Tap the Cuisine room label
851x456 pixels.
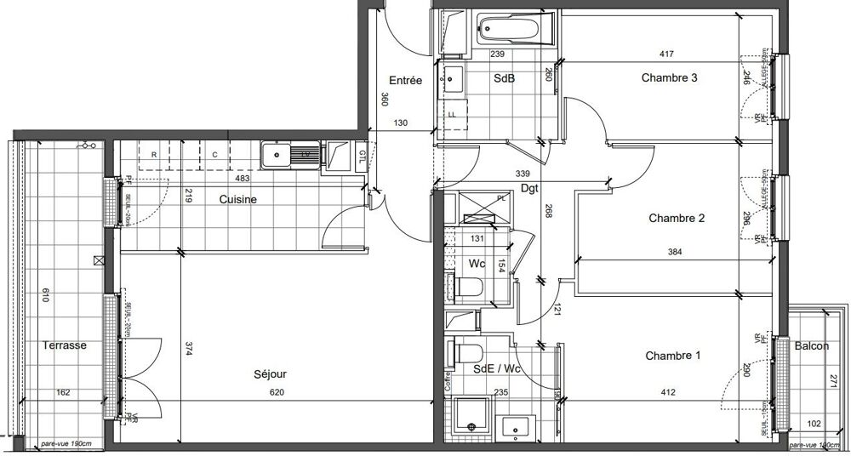(239, 199)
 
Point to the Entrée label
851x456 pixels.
(407, 81)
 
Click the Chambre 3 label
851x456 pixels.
(670, 77)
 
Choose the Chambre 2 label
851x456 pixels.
(677, 219)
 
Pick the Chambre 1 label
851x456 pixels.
(672, 356)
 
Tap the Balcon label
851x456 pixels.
(812, 346)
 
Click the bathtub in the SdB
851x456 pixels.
(511, 31)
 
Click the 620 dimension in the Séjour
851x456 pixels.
(276, 392)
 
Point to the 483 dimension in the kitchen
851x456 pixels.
(242, 179)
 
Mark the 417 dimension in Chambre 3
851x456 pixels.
(666, 54)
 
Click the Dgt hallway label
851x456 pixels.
(530, 189)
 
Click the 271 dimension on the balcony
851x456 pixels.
(834, 381)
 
